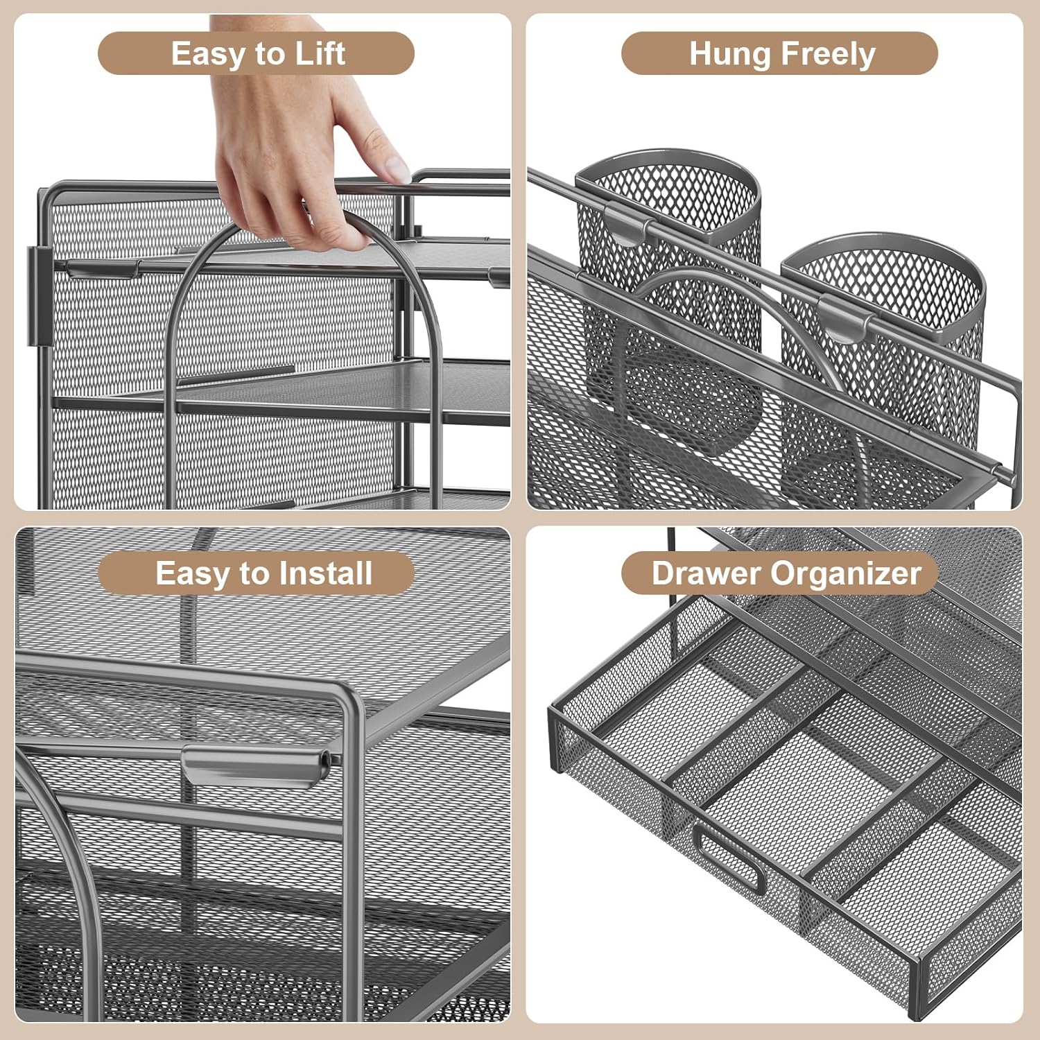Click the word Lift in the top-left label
[x=320, y=53]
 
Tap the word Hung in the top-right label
[x=730, y=53]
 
